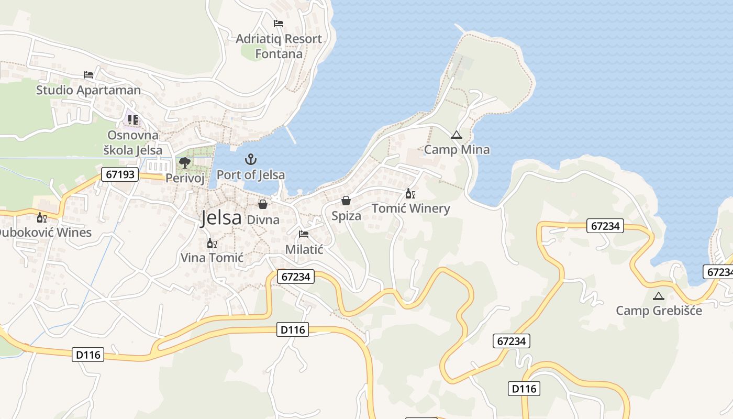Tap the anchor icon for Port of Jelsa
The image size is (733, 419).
pyautogui.click(x=251, y=159)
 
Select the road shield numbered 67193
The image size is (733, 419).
pyautogui.click(x=120, y=174)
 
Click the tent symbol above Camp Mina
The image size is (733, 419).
pyautogui.click(x=457, y=135)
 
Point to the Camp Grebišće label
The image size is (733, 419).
pyautogui.click(x=659, y=311)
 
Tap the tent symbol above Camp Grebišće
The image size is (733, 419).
pyautogui.click(x=659, y=296)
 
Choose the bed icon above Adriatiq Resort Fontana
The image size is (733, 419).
pyautogui.click(x=279, y=24)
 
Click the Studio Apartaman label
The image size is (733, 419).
pyautogui.click(x=88, y=90)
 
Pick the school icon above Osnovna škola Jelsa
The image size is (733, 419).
pyautogui.click(x=133, y=120)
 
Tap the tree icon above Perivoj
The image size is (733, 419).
pyautogui.click(x=184, y=162)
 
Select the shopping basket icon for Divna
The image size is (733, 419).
pyautogui.click(x=263, y=204)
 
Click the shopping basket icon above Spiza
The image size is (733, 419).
pyautogui.click(x=346, y=201)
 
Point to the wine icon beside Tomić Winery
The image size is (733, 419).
pyautogui.click(x=410, y=194)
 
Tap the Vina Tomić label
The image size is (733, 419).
pyautogui.click(x=212, y=258)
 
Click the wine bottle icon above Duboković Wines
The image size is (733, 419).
pyautogui.click(x=41, y=217)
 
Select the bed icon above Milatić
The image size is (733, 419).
pyautogui.click(x=304, y=234)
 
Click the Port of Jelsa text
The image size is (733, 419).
pyautogui.click(x=251, y=175)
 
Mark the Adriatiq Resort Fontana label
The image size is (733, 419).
pyautogui.click(x=279, y=46)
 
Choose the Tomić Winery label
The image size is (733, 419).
pyautogui.click(x=411, y=208)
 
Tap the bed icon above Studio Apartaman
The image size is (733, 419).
pyautogui.click(x=88, y=75)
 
